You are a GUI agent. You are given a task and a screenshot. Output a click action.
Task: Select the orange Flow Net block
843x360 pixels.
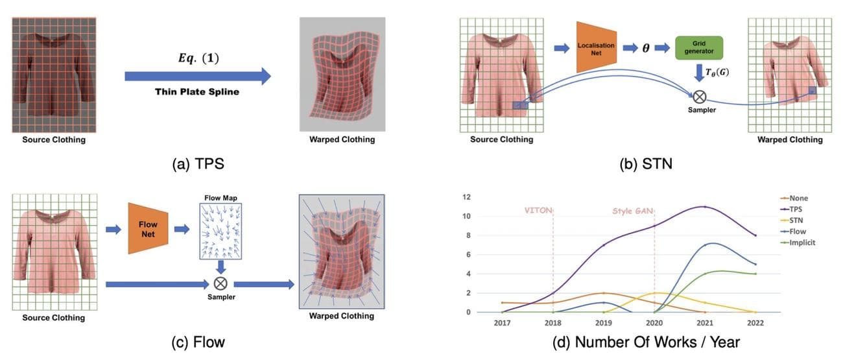point(148,228)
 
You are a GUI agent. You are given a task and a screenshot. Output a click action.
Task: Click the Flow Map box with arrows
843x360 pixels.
point(220,231)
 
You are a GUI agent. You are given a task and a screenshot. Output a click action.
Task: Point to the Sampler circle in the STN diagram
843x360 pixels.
point(700,97)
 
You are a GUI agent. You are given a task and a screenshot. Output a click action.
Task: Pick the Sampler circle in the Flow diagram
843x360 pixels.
point(220,283)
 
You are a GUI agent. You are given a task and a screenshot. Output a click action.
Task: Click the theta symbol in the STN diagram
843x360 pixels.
point(647,49)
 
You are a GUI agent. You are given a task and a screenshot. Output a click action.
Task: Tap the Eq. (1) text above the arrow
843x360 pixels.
point(198,58)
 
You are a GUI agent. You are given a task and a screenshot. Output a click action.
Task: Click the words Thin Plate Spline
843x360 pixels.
point(197,91)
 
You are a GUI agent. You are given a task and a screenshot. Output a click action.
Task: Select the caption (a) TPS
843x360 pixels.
point(198,164)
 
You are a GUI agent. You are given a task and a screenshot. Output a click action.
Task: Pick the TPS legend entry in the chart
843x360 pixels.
point(797,210)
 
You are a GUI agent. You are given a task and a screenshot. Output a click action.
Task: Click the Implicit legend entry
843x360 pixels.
point(801,243)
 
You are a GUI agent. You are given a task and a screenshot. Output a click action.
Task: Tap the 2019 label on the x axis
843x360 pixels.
point(603,322)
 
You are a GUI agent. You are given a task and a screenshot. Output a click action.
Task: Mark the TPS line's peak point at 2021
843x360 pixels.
point(704,207)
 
